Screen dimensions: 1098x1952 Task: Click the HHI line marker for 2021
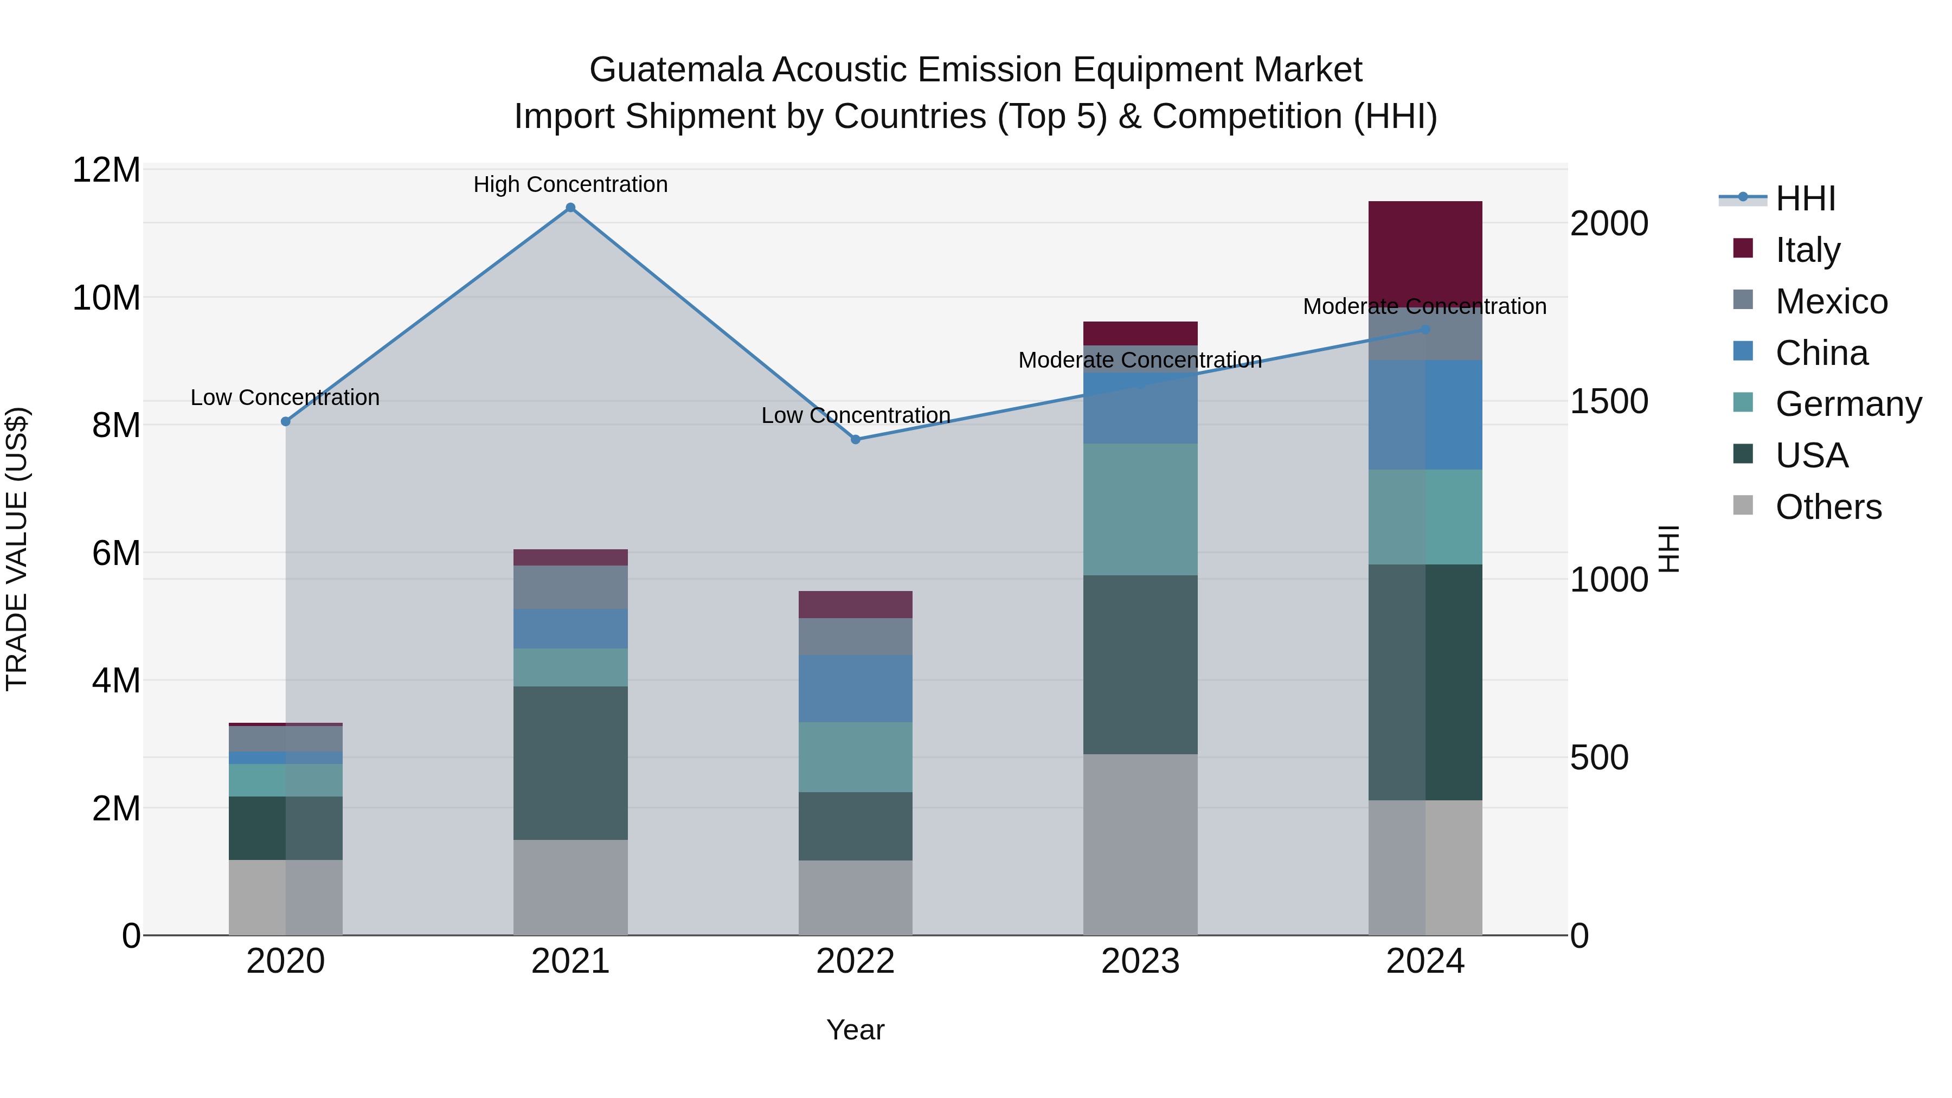point(570,208)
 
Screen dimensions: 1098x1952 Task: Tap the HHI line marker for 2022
point(856,440)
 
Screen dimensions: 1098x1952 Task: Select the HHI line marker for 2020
point(286,421)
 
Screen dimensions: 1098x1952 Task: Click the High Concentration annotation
point(570,184)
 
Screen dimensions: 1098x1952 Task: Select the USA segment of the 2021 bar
point(570,762)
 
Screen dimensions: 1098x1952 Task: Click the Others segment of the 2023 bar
point(1140,844)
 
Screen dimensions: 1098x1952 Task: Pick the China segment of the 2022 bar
point(856,688)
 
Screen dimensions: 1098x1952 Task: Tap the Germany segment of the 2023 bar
point(1140,509)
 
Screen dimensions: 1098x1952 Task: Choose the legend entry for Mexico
point(1831,301)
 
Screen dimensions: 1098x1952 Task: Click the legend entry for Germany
point(1847,404)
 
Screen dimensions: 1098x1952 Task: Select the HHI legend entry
point(1805,198)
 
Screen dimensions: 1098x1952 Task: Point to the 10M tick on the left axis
point(106,298)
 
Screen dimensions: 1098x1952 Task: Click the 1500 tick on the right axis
point(1608,402)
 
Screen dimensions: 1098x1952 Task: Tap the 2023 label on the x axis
point(1140,961)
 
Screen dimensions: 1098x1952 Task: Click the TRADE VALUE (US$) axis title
point(17,549)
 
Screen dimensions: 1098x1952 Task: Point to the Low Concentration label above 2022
point(856,415)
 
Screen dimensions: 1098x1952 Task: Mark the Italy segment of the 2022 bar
point(856,604)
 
